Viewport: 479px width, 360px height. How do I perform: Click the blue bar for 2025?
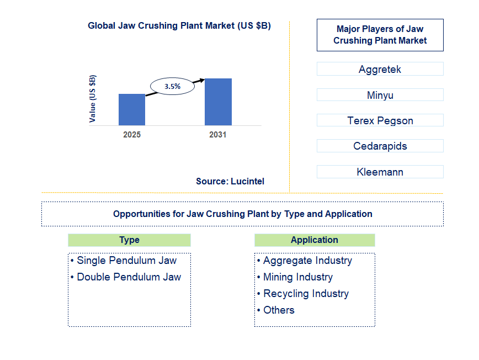click(x=132, y=110)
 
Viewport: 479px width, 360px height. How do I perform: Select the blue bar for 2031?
click(x=218, y=102)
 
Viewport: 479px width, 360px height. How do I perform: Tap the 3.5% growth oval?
click(x=173, y=86)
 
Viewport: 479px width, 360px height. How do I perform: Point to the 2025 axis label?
click(x=132, y=135)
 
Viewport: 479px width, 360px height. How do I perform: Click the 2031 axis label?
click(x=218, y=135)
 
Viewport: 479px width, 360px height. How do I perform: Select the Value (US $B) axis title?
click(x=93, y=98)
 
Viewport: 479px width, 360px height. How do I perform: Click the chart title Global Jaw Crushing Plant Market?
click(x=179, y=26)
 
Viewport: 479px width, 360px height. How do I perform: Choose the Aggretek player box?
click(x=380, y=69)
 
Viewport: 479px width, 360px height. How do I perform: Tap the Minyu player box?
click(x=380, y=95)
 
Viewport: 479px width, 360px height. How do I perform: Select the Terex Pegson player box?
click(x=380, y=120)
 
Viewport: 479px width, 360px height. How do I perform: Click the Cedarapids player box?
click(x=380, y=146)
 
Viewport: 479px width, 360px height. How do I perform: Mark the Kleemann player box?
click(x=380, y=172)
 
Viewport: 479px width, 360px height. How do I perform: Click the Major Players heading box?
click(x=380, y=35)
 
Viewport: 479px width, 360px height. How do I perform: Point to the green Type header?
click(x=129, y=240)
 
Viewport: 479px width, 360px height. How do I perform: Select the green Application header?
click(x=315, y=240)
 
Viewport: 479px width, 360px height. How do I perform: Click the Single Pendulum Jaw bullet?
click(x=126, y=261)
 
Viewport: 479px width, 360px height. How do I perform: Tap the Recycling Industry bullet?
click(x=306, y=294)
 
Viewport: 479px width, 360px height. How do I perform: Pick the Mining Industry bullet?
click(x=298, y=277)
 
